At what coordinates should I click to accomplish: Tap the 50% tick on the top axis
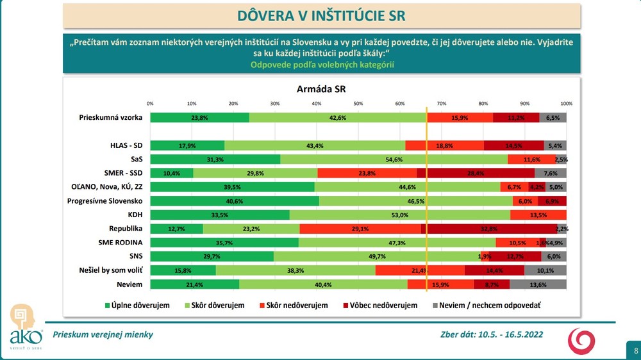pos(358,103)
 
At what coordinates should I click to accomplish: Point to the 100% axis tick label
pos(566,103)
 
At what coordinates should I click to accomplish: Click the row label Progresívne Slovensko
pos(104,200)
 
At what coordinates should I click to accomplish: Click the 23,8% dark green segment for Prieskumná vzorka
pos(199,118)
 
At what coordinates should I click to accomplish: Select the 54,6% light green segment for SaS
pos(394,159)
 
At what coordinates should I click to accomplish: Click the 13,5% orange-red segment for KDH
pos(538,215)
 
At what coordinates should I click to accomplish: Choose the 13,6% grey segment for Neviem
pos(538,284)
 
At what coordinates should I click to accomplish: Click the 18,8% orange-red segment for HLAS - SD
pos(444,145)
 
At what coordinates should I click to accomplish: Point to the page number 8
pos(635,350)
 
